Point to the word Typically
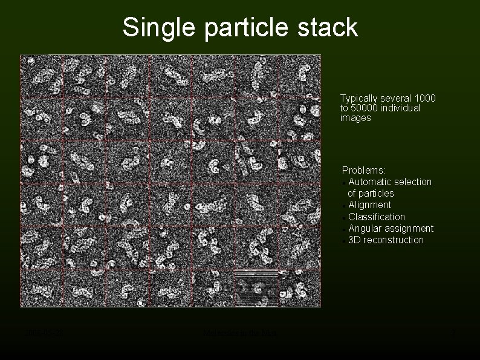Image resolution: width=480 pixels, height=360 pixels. tap(360, 98)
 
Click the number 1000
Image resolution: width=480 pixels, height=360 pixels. tap(425, 98)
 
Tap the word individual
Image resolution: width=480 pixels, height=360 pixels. tap(399, 108)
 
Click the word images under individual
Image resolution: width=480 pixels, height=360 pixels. tap(355, 119)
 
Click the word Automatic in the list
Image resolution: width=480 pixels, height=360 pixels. tap(369, 182)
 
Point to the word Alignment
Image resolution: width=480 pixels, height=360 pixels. tap(370, 205)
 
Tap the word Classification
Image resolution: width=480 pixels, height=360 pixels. tap(377, 217)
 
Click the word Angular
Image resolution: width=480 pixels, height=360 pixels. tap(365, 228)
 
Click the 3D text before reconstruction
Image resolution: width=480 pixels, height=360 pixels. tap(354, 240)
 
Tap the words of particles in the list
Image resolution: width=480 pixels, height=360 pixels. tap(371, 194)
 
